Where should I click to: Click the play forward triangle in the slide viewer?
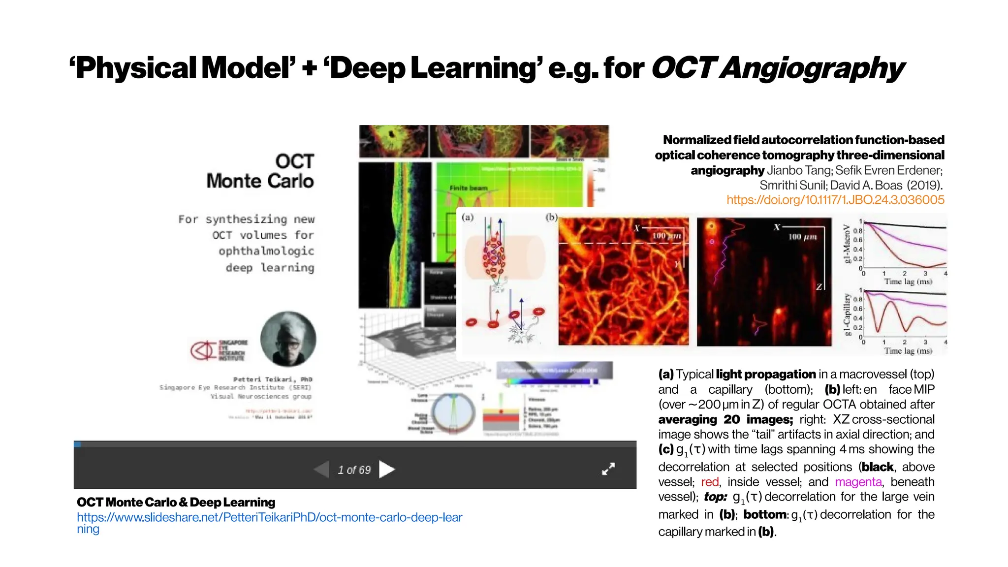coord(387,470)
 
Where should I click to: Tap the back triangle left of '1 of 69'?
coord(321,470)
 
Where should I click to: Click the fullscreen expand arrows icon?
coord(608,469)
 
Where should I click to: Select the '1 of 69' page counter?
coord(354,470)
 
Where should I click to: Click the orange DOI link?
coord(835,200)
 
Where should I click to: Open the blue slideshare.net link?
coord(269,518)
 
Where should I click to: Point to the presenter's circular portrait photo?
coord(288,339)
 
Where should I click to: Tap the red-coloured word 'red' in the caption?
coord(709,482)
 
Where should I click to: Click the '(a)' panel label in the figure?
coord(468,217)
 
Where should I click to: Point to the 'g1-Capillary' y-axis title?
coord(847,314)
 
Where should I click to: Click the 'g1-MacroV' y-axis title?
coord(847,244)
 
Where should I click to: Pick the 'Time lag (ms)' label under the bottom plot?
coord(908,351)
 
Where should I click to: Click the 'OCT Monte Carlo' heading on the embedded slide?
coord(260,171)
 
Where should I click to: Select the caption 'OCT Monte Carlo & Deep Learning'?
coord(176,503)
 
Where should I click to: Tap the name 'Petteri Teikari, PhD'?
coord(273,379)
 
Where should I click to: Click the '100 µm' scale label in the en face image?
coord(666,236)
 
